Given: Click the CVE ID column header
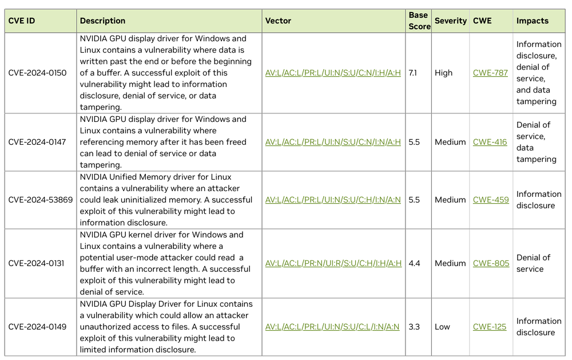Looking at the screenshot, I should click(22, 21).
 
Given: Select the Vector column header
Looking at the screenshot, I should click(278, 21).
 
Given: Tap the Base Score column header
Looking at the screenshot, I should click(419, 21).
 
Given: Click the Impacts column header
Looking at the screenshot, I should click(532, 21).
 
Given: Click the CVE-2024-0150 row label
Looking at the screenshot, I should click(37, 73).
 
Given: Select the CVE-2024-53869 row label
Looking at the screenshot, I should click(39, 200).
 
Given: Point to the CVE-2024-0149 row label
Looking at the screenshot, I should click(37, 327).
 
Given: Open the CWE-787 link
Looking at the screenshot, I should click(490, 73).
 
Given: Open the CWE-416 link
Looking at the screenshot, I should click(490, 142).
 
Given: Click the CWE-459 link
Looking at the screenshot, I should click(491, 200).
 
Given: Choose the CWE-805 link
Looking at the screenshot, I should click(491, 263).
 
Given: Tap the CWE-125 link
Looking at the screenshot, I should click(490, 327).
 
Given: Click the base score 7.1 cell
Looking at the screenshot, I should click(414, 73).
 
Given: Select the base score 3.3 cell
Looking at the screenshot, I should click(414, 327).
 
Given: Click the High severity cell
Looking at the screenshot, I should click(443, 73).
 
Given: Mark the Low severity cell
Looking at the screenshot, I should click(442, 327).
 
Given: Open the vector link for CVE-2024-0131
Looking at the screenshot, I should click(333, 263).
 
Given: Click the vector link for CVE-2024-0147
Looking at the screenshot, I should click(333, 142).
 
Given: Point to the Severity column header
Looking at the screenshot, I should click(451, 21).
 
